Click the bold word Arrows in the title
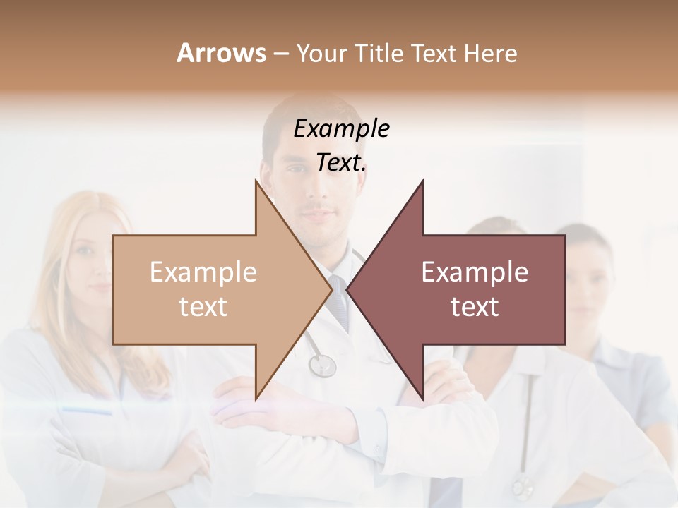point(221,53)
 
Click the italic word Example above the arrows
point(341,129)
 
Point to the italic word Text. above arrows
point(341,163)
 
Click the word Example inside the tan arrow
point(203,272)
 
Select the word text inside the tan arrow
point(203,307)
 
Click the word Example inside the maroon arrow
point(475,272)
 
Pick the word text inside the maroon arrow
point(475,307)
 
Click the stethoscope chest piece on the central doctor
point(322,365)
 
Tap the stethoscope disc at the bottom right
point(523,487)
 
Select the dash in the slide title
point(280,54)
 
